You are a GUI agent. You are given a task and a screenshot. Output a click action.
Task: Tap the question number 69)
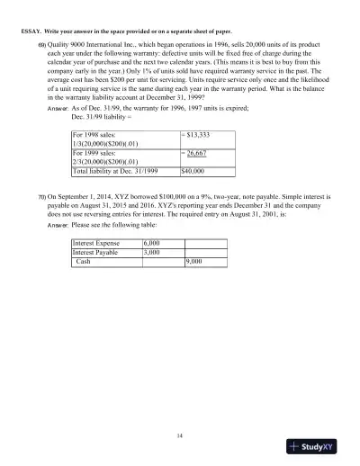point(41,45)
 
